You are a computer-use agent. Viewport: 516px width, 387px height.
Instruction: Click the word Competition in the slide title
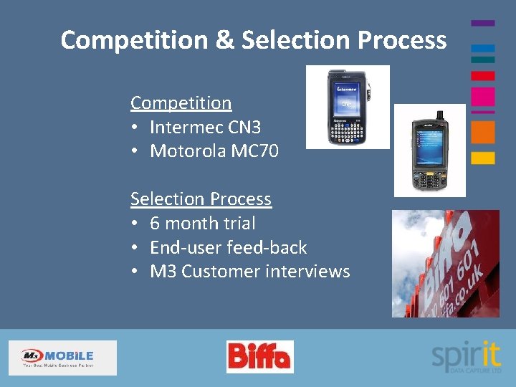[x=133, y=40]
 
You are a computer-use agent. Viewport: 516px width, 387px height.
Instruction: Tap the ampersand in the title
[x=224, y=40]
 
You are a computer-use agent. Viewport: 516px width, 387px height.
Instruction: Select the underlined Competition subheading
[x=181, y=103]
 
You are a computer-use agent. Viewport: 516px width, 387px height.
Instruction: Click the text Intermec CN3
[x=205, y=128]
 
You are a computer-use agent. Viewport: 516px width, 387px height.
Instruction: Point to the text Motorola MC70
[x=214, y=151]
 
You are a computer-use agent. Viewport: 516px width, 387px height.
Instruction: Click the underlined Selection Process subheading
[x=201, y=199]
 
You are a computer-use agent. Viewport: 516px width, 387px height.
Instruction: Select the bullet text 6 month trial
[x=202, y=223]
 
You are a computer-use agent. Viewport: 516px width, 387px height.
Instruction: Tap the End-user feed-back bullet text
[x=228, y=247]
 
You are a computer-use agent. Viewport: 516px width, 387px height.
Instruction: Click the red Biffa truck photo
[x=445, y=263]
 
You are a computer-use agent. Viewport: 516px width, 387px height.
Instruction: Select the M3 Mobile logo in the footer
[x=62, y=358]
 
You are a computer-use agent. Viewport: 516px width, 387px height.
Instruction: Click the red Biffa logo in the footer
[x=259, y=356]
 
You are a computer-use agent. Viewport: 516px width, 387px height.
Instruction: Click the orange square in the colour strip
[x=482, y=132]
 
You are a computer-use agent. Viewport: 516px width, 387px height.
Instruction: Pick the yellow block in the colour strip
[x=482, y=158]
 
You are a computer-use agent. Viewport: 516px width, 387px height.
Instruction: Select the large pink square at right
[x=482, y=97]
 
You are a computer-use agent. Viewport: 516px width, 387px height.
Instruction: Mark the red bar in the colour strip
[x=482, y=75]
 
